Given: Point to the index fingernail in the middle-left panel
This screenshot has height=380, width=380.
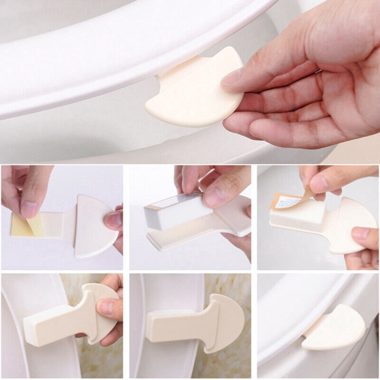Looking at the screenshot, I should tap(29, 208).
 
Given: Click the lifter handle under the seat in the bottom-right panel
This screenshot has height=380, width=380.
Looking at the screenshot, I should tap(335, 328).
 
